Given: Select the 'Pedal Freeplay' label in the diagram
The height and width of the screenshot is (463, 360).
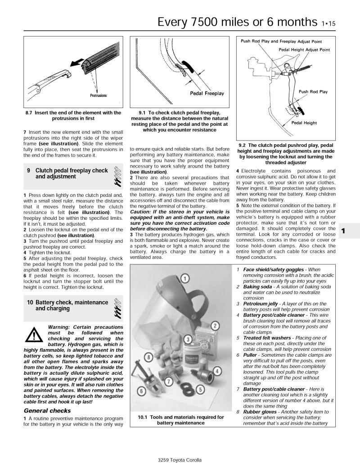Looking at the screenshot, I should [x=207, y=93].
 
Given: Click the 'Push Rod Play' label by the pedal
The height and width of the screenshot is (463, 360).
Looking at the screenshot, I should [x=313, y=91].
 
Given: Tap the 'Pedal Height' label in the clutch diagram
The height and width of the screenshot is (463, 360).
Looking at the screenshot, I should [x=304, y=123].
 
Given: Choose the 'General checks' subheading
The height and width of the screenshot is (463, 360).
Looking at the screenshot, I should [x=47, y=410].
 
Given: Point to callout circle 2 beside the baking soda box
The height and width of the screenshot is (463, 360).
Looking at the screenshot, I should [x=215, y=325].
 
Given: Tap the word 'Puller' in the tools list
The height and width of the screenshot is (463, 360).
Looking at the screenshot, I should [x=251, y=355].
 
